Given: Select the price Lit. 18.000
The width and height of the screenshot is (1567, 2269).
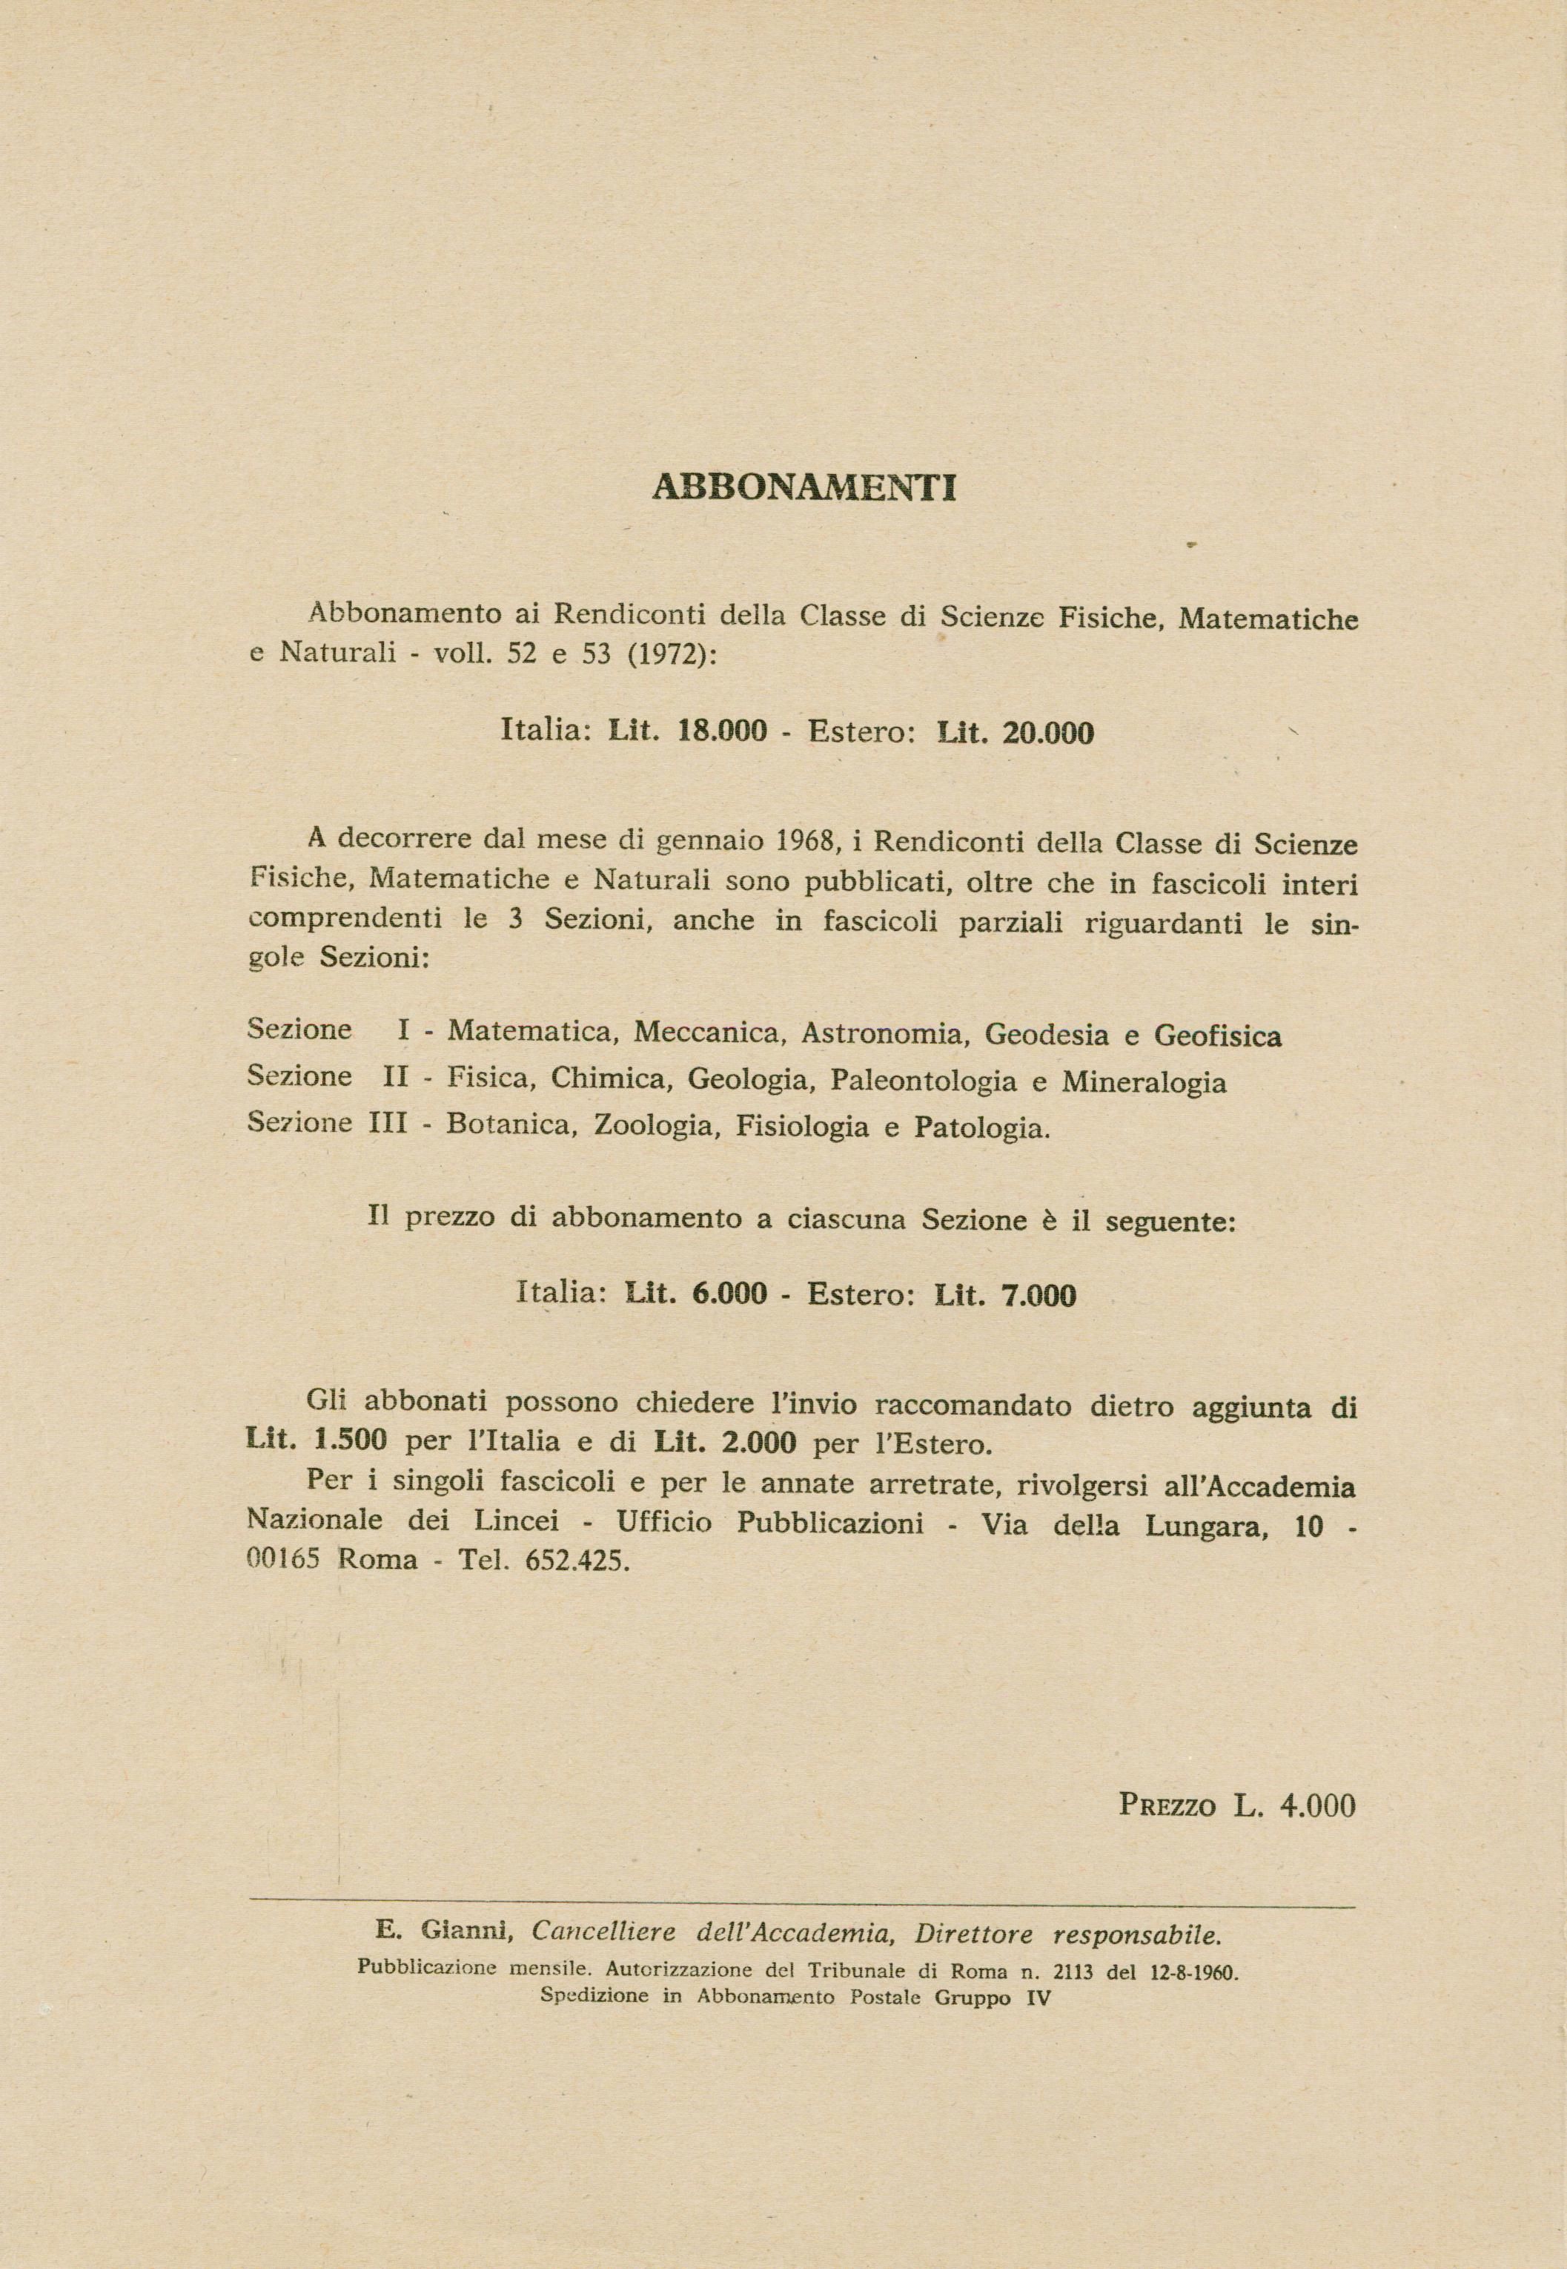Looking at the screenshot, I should point(687,733).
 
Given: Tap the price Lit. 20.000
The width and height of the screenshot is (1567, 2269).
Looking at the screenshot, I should point(1016,733).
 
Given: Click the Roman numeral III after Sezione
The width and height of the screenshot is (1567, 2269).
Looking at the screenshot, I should point(387,1124).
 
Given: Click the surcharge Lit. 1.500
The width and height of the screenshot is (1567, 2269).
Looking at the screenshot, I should point(318,1442).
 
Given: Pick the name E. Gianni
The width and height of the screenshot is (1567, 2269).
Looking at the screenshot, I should point(445,1932).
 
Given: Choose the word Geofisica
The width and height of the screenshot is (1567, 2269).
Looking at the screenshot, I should point(1217,1036).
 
